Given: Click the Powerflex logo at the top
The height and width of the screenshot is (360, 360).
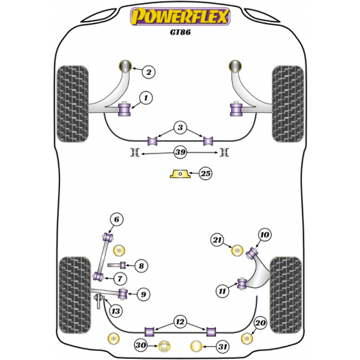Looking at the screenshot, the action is click(x=180, y=16).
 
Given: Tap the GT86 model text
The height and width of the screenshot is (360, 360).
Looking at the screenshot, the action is click(x=180, y=32).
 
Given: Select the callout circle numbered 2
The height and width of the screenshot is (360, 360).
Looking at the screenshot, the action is click(x=149, y=72).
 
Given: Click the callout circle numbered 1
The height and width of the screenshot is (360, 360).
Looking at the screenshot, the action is click(x=146, y=98).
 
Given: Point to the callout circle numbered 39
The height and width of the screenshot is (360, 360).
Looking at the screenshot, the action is click(x=180, y=152).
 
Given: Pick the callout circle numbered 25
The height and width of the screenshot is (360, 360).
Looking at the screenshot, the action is click(x=205, y=173).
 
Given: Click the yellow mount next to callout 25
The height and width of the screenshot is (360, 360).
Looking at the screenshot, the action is click(x=180, y=174).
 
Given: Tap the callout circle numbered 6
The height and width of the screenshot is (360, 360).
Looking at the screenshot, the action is click(x=116, y=220).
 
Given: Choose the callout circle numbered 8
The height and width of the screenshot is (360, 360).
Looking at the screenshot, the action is click(x=141, y=266).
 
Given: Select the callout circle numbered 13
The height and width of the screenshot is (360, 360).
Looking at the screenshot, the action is click(x=116, y=311).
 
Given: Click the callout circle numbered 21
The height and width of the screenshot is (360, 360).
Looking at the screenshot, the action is click(x=217, y=240).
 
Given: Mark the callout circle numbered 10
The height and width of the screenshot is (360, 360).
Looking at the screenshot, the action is click(x=265, y=235).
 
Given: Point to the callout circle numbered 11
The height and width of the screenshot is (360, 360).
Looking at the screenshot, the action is click(x=222, y=291).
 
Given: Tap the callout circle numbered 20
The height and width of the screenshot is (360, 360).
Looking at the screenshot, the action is click(x=260, y=323).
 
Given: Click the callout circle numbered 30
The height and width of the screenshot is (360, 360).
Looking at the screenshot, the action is click(x=141, y=345).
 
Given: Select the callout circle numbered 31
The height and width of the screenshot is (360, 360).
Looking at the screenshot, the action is click(x=223, y=347).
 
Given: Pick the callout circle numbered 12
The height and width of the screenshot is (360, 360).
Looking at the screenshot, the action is click(x=180, y=322).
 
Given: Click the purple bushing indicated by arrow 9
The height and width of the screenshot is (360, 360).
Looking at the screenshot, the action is click(x=124, y=293).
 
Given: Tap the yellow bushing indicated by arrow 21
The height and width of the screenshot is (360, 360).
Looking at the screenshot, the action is click(x=238, y=251).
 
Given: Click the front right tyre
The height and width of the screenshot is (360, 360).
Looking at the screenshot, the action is click(x=287, y=104).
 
